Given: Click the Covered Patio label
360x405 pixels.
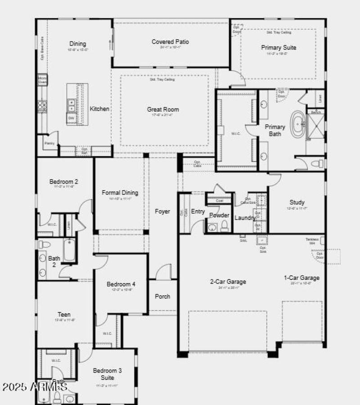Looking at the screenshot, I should [170, 42].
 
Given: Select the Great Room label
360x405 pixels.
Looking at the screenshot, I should [163, 109].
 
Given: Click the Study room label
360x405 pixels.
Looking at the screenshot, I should [297, 202].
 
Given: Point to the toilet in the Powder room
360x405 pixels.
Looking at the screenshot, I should [224, 227].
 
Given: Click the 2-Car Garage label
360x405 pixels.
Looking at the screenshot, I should [228, 282].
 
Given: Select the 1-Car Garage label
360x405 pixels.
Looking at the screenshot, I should [301, 278].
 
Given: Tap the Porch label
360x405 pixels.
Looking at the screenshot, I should [162, 296].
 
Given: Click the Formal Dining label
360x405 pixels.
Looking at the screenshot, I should [120, 193].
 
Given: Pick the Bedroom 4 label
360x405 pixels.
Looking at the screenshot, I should [121, 284].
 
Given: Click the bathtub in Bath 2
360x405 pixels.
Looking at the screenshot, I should [69, 250].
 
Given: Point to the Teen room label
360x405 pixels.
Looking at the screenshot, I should [64, 315].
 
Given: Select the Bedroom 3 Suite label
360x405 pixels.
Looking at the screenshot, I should [107, 374].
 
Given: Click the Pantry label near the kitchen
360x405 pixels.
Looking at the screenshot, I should [49, 143].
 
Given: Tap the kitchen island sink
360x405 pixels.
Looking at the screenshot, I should [71, 106].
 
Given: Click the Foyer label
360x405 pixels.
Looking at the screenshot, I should [162, 211].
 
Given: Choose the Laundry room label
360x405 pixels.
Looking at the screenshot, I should [245, 218].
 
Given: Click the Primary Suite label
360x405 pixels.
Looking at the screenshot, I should [279, 47].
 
